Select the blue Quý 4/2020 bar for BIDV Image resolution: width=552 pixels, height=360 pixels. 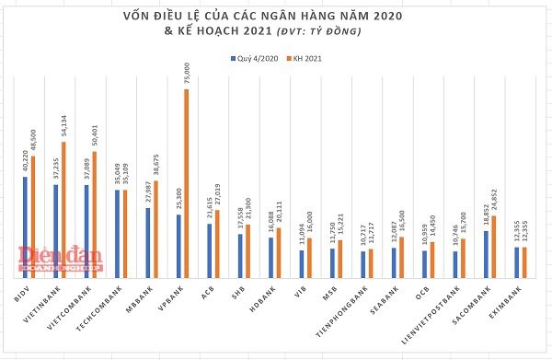pyautogui.click(x=25, y=226)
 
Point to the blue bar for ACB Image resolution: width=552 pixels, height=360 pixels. pyautogui.click(x=210, y=250)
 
